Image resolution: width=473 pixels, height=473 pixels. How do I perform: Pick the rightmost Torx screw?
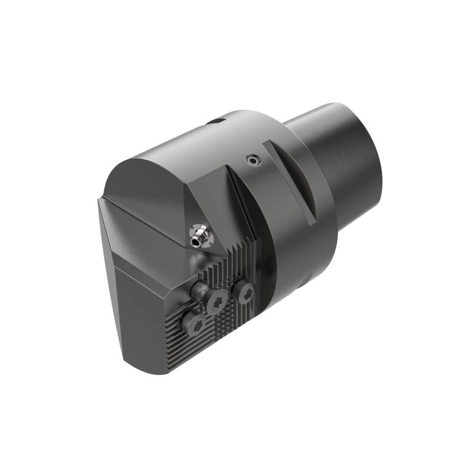click(x=243, y=291)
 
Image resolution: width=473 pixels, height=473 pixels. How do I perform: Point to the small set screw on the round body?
click(x=252, y=159)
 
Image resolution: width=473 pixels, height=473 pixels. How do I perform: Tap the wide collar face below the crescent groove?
click(x=296, y=237)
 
